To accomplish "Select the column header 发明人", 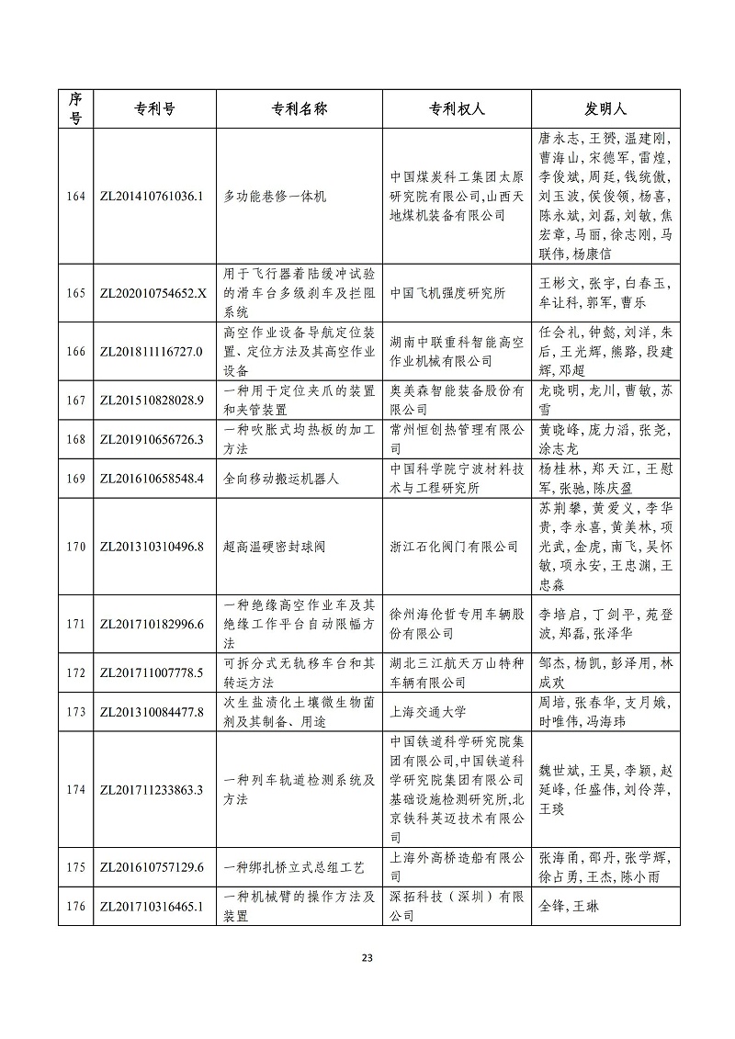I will pos(605,108).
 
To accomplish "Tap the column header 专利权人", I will pos(455,108).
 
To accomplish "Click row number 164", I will pos(76,197).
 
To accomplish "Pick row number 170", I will pos(76,547).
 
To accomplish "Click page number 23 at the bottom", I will pos(367,959).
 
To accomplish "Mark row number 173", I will pos(76,710).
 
